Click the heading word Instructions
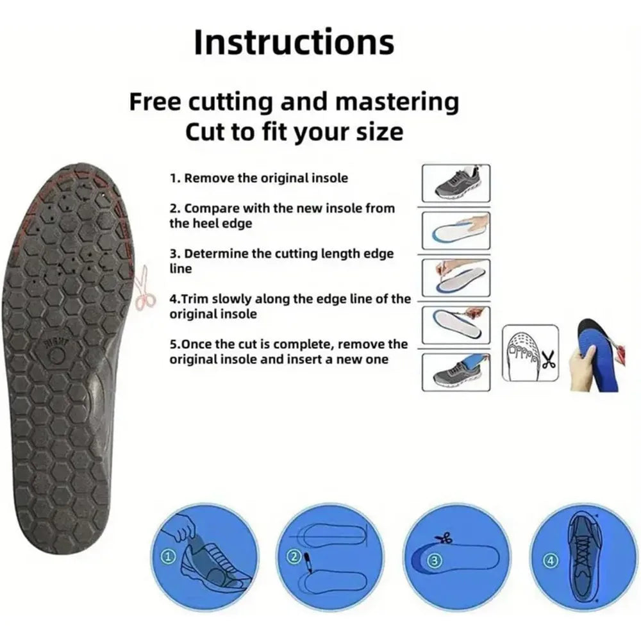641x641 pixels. click(x=294, y=42)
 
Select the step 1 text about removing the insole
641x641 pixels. click(x=259, y=178)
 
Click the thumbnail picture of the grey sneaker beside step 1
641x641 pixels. click(x=456, y=183)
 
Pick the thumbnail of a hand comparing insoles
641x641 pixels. click(x=456, y=229)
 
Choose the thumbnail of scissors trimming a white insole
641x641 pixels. click(x=456, y=324)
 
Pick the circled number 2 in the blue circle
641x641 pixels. click(x=294, y=556)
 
